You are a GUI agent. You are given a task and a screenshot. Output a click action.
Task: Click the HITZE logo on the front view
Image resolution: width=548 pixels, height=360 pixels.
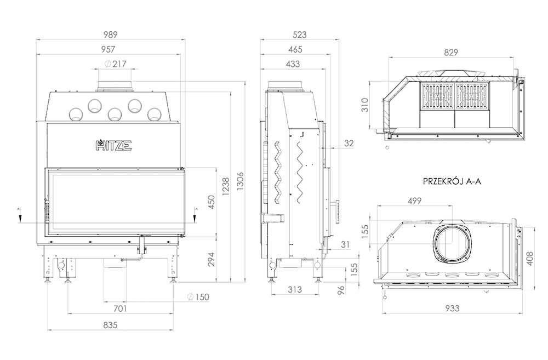point(113,145)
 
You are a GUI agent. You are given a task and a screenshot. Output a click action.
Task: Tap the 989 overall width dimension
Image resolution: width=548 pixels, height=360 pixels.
point(111,35)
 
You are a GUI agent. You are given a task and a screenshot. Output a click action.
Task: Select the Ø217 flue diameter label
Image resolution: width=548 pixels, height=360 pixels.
point(115,64)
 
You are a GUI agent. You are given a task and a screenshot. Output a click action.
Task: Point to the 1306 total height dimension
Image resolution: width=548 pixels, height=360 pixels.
point(240,181)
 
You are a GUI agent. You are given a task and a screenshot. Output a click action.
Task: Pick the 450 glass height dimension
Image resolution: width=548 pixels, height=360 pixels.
point(212,202)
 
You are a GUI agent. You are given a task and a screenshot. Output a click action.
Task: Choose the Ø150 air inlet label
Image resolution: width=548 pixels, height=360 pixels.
point(198,297)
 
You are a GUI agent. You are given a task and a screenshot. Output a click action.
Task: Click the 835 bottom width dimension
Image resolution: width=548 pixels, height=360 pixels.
point(111,325)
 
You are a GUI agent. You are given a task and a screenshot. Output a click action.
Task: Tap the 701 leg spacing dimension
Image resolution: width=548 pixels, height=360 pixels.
point(120,308)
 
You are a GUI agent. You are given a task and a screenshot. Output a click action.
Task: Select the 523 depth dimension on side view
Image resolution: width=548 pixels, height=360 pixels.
point(300,35)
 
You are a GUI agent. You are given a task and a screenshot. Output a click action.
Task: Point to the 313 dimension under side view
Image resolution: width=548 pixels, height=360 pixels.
point(295,289)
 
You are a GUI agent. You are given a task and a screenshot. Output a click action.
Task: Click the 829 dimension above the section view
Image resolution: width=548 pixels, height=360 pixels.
point(451,53)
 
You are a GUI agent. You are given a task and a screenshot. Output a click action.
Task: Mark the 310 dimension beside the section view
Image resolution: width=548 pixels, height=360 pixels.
point(364,105)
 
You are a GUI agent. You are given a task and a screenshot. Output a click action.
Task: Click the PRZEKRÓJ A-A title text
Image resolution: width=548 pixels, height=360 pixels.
point(452,181)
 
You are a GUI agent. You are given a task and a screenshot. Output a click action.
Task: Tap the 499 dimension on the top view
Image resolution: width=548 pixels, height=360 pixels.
point(414,201)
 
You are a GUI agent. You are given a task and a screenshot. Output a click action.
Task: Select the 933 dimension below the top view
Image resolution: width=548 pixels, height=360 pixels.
point(452,308)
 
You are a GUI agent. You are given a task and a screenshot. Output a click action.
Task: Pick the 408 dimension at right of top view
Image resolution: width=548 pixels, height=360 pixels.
point(530,258)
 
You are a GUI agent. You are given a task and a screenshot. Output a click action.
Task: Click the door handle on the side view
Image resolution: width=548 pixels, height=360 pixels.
point(337,211)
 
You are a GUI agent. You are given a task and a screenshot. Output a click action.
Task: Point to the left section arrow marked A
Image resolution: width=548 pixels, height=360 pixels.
point(20,215)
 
